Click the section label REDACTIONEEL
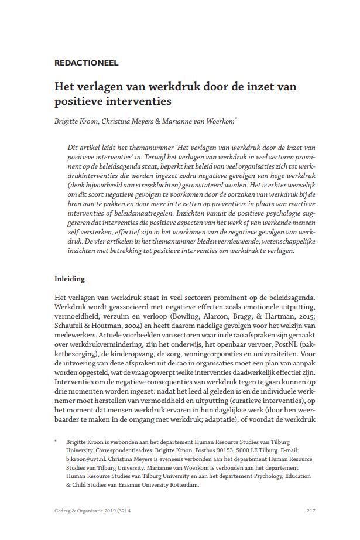click(85, 63)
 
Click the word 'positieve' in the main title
click(81, 101)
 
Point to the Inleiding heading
click(70, 279)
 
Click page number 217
click(311, 511)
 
